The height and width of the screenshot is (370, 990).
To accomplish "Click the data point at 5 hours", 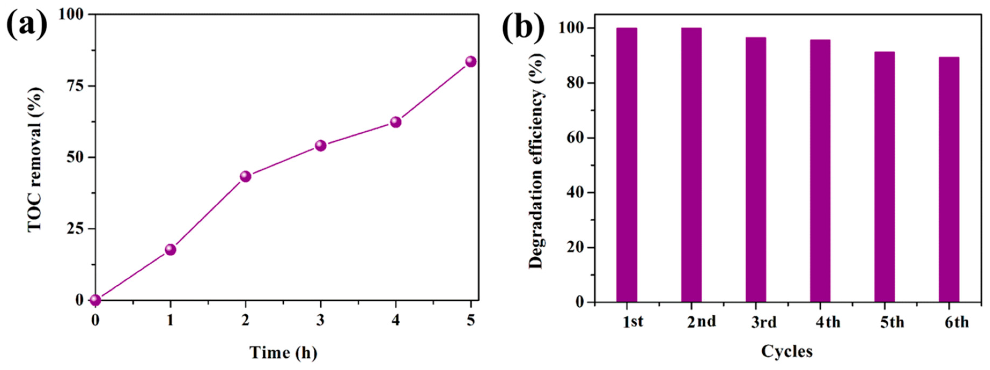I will [471, 61].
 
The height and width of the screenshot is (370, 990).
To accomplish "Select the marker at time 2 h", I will [246, 177].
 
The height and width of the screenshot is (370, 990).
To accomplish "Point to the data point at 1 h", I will [170, 250].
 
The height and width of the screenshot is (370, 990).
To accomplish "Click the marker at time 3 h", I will [321, 146].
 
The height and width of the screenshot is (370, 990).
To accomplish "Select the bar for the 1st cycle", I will [627, 165].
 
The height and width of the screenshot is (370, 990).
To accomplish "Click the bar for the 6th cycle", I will [949, 180].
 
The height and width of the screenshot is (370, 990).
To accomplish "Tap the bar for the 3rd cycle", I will [756, 170].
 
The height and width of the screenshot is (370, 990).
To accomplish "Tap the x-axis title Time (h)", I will [284, 352].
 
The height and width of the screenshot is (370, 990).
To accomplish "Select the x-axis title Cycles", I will [787, 351].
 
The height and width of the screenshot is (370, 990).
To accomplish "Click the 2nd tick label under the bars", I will [702, 321].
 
